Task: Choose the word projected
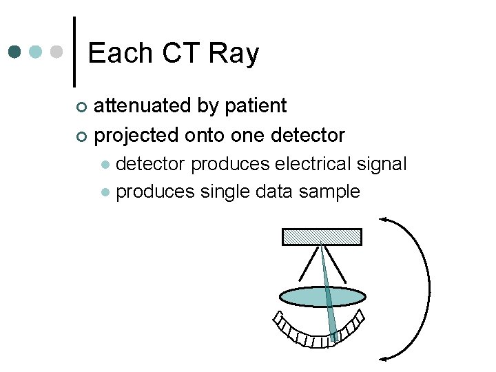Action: (x=136, y=135)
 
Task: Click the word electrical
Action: (x=313, y=164)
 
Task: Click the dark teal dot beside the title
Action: (x=15, y=52)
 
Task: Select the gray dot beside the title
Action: (x=58, y=52)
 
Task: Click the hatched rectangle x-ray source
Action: (x=322, y=236)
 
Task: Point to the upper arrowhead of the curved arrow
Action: (x=383, y=220)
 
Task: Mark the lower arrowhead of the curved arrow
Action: (x=383, y=357)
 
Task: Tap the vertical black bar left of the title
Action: (x=74, y=52)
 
